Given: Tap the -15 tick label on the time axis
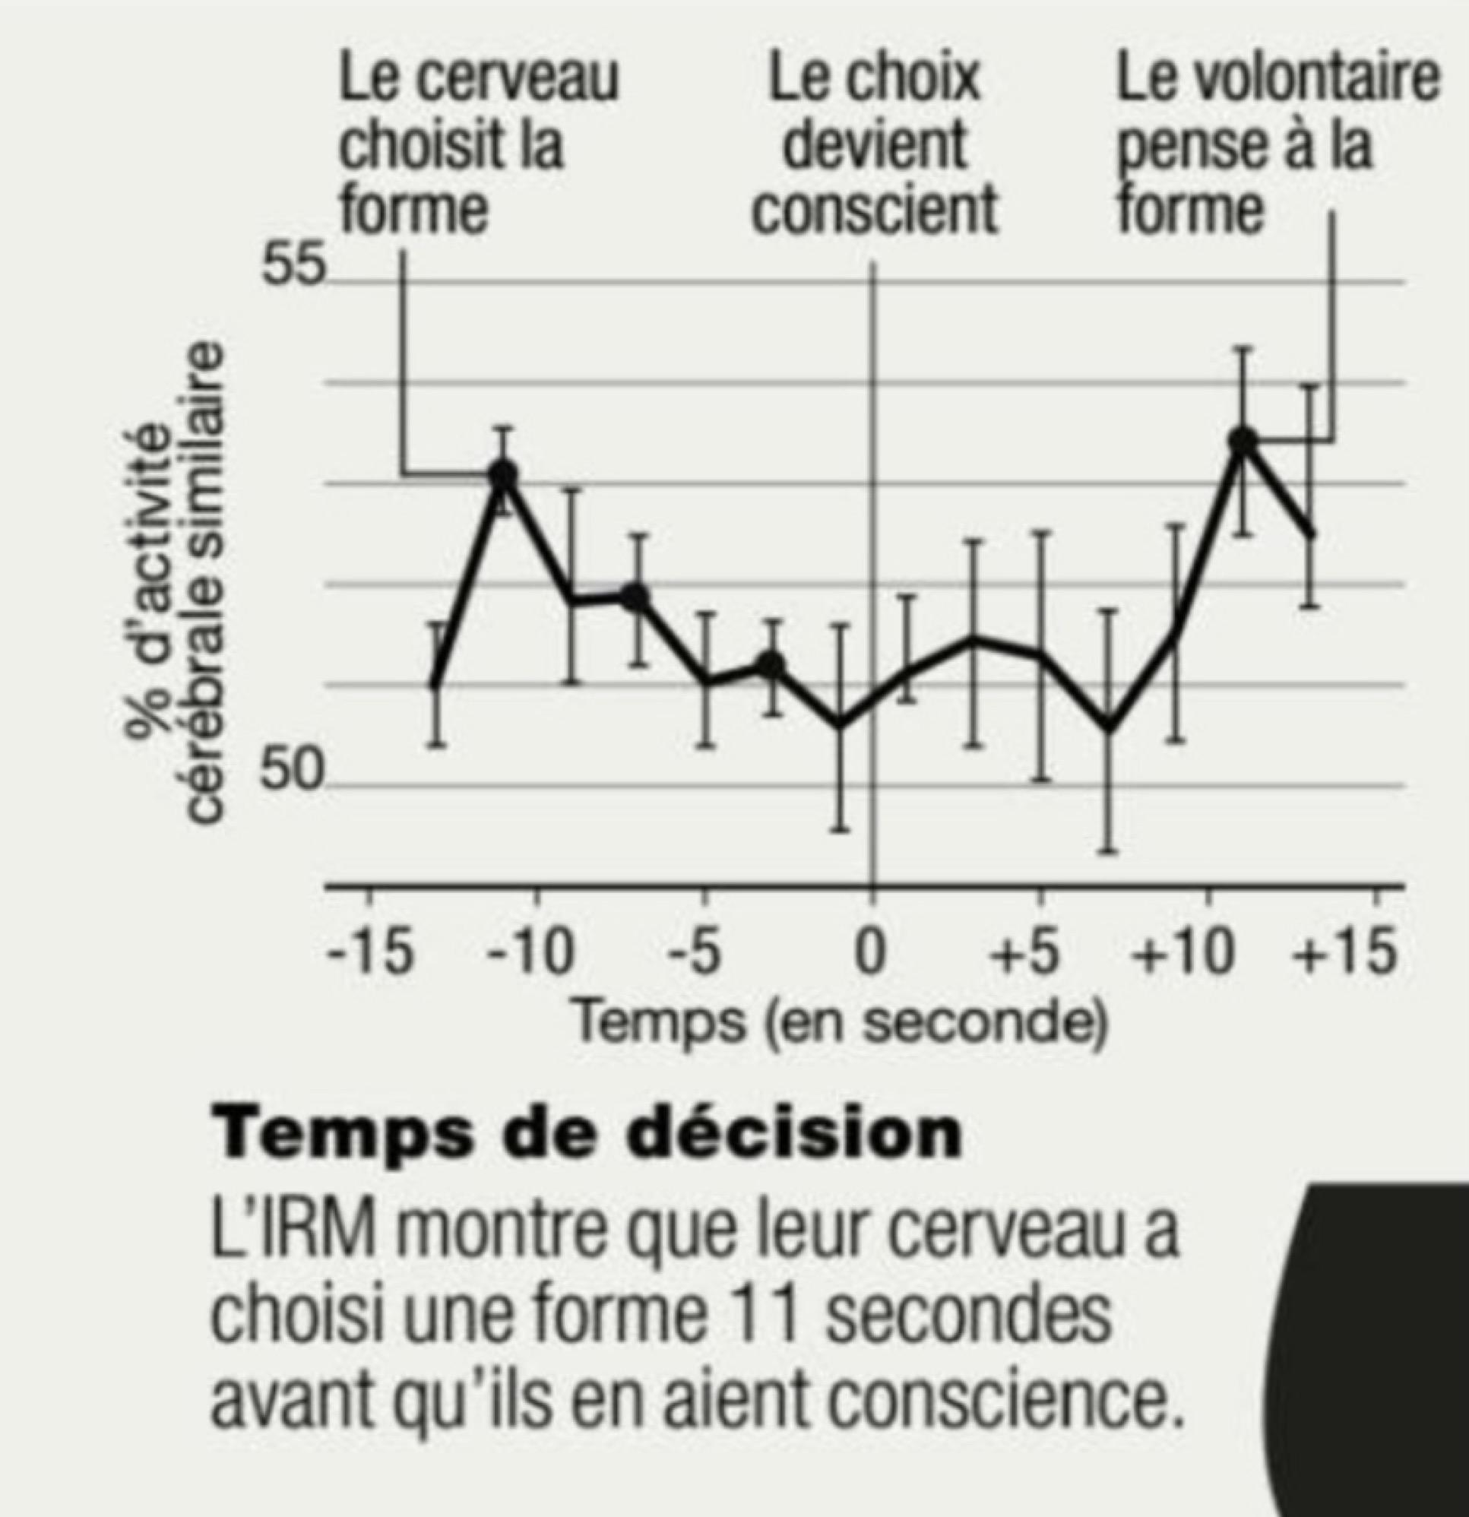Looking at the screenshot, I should [x=369, y=953].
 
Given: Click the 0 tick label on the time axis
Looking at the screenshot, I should [x=871, y=953].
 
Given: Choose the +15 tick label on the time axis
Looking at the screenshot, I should [x=1347, y=953].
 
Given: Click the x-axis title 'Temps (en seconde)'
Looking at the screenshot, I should [x=840, y=1022].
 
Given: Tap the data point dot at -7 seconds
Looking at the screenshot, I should [x=636, y=596].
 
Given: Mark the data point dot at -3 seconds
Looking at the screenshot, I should [x=771, y=664].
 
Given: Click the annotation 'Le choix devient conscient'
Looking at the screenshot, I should [x=875, y=144].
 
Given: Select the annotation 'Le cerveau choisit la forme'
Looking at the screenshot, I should [x=478, y=144].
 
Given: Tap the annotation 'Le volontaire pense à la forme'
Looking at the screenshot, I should [x=1277, y=144].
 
